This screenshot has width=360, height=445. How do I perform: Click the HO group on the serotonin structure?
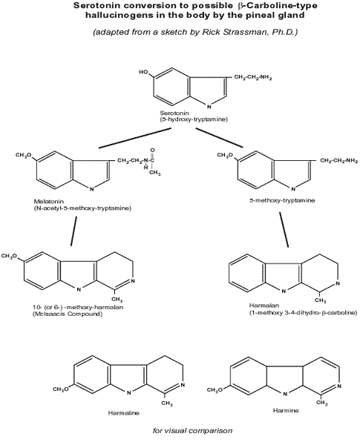[143, 72]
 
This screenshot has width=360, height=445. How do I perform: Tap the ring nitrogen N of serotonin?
[209, 107]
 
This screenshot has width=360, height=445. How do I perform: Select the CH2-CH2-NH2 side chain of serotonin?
[253, 77]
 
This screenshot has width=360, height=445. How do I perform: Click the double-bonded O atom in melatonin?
[153, 150]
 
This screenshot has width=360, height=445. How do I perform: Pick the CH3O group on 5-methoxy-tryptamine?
[226, 155]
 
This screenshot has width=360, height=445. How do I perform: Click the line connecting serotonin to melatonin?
[135, 138]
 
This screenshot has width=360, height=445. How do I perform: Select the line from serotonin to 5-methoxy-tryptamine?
[220, 138]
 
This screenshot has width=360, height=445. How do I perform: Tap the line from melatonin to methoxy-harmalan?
[74, 231]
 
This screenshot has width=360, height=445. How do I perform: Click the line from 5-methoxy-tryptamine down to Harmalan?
[284, 230]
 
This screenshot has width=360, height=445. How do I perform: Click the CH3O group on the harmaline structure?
[61, 389]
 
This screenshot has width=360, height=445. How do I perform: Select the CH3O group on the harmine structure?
[215, 389]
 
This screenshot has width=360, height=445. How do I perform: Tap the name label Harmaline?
[124, 413]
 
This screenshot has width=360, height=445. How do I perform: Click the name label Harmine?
[286, 410]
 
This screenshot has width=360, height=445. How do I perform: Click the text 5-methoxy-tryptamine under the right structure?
[282, 200]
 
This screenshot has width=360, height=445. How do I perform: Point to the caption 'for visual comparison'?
[192, 430]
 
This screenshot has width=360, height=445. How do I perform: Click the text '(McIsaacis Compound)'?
[68, 314]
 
